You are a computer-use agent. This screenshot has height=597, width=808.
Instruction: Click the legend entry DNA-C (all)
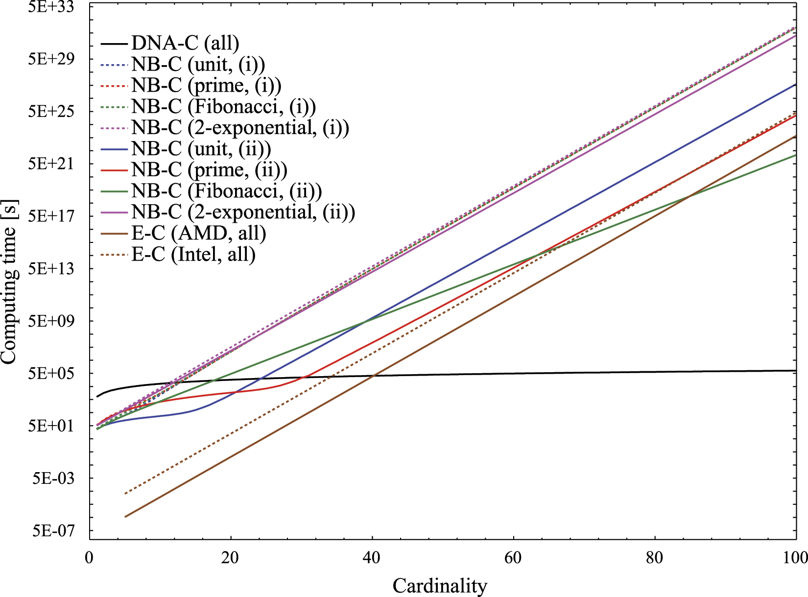(185, 44)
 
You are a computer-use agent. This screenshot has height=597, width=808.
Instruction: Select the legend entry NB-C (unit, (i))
(198, 65)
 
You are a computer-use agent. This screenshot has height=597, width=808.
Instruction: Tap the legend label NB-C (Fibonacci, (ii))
(226, 191)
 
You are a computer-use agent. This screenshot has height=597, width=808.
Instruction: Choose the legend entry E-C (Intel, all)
(193, 255)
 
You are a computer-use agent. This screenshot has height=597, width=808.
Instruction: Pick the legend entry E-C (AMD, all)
(198, 233)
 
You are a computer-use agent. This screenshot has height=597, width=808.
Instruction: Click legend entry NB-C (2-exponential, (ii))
(243, 212)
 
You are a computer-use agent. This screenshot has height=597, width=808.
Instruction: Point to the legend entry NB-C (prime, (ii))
(209, 170)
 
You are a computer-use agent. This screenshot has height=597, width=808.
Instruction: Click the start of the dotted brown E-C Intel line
(125, 494)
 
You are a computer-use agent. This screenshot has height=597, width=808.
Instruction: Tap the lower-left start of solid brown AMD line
(125, 517)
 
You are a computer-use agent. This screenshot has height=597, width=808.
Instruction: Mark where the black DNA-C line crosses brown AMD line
(374, 376)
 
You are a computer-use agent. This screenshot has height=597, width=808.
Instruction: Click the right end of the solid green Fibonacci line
(796, 155)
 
